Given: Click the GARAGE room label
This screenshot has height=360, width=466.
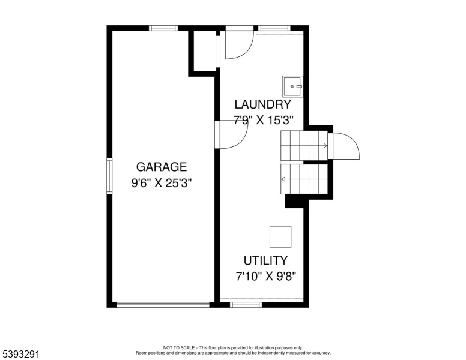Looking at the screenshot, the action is tap(162, 167).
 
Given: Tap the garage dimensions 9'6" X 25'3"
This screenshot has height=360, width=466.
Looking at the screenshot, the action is tap(162, 183).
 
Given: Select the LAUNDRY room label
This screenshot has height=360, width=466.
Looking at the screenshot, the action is tap(262, 104).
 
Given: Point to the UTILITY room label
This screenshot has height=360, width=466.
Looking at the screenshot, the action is tap(265, 260).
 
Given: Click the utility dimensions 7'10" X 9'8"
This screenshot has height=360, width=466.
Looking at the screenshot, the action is tap(266, 277).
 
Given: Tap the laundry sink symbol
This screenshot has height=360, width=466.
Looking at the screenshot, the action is tap(292, 86).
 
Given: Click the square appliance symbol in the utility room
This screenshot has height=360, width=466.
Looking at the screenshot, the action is tap(280, 237).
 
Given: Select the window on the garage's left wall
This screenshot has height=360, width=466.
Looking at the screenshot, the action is tap(109, 176).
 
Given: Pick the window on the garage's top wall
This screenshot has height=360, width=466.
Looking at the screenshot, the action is tap(163, 28).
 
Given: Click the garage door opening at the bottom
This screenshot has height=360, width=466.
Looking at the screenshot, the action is tap(163, 305).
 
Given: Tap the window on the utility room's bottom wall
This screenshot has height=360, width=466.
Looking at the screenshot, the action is tap(246, 305).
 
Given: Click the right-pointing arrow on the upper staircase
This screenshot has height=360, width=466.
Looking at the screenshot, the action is tap(325, 146).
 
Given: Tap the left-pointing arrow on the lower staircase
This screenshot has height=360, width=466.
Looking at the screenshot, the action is tap(283, 179).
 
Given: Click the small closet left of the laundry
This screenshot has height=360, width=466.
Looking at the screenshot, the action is tap(205, 50).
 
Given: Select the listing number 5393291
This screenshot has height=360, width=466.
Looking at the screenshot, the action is tap(21, 354).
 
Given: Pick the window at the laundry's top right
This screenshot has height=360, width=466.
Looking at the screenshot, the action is tap(274, 28).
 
